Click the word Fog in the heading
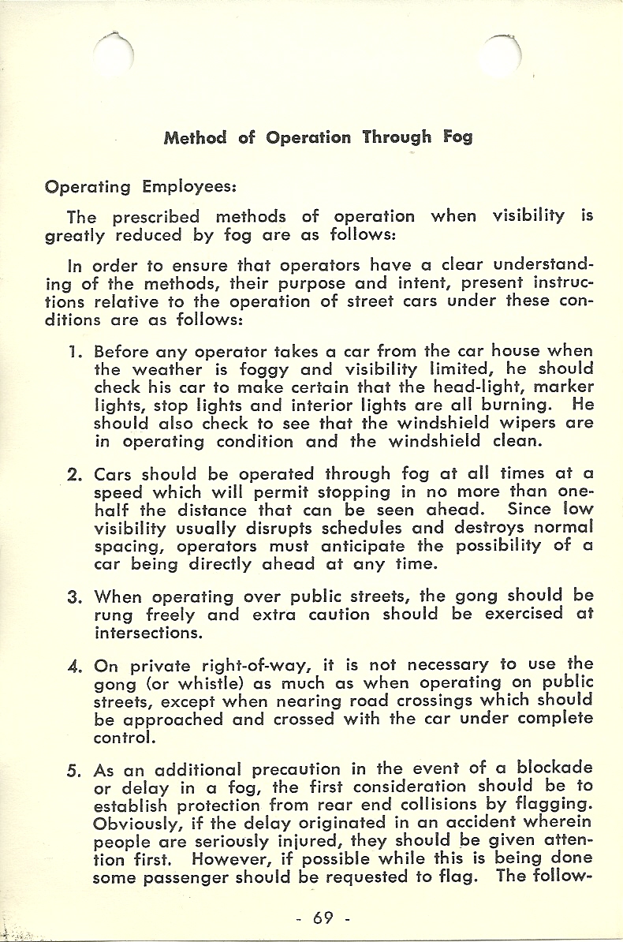pos(457,137)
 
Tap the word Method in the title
pos(195,137)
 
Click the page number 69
pos(323,918)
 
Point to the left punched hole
pos(114,54)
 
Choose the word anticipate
pos(364,545)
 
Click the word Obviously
pos(140,821)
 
